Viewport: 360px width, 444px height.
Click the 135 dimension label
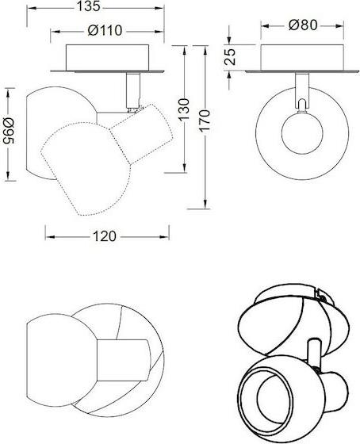(x=89, y=6)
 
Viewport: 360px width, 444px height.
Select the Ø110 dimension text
(x=105, y=30)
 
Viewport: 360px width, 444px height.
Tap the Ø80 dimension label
(x=303, y=25)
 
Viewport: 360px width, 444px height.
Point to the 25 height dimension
(x=230, y=57)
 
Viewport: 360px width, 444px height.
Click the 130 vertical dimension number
(x=185, y=109)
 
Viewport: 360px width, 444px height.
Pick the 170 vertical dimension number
(x=205, y=121)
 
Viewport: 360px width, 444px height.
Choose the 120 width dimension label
(x=105, y=236)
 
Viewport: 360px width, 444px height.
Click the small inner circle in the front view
(x=302, y=133)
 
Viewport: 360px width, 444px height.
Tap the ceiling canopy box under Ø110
(x=107, y=57)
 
